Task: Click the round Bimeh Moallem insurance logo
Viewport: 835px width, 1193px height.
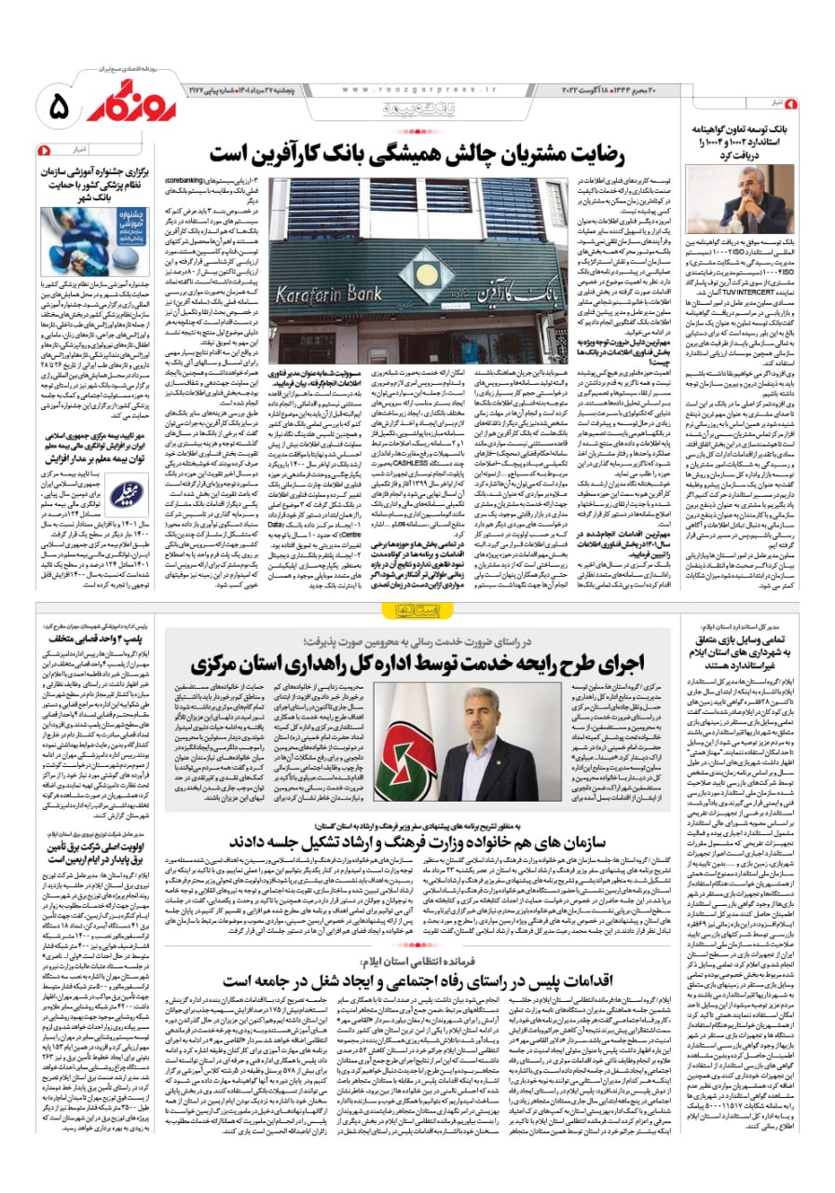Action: click(x=125, y=493)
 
